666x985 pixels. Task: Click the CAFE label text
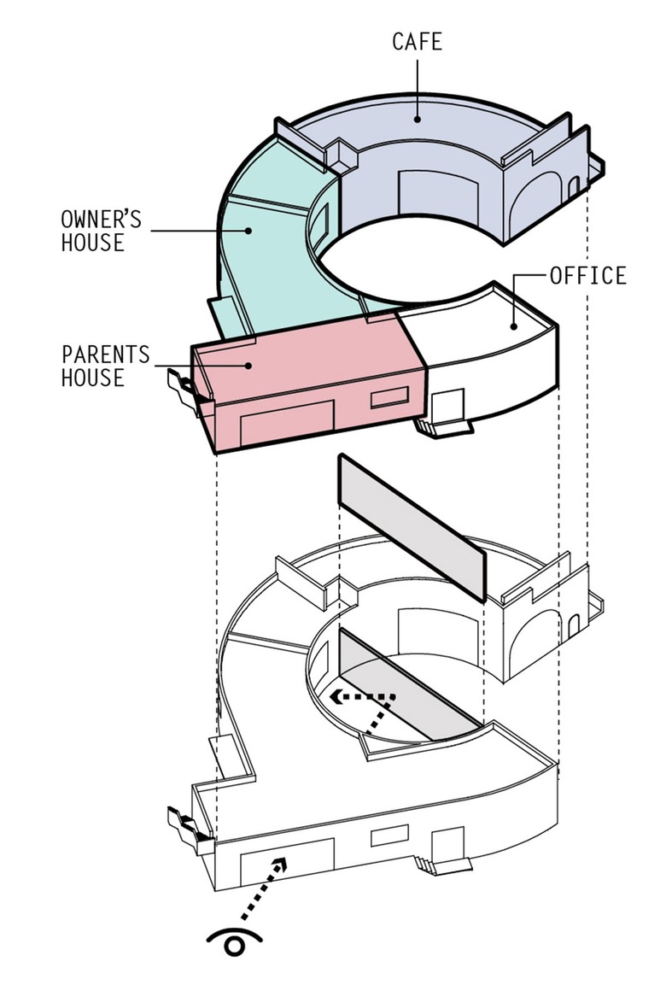coord(418,41)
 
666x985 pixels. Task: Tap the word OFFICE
coord(587,276)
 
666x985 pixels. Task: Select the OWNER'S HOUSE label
coord(93,231)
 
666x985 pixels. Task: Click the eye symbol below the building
coord(234,943)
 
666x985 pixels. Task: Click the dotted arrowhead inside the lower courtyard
coord(339,695)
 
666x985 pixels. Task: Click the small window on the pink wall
coord(388,396)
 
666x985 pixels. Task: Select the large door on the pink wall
coord(286,424)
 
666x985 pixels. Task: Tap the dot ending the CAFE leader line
coord(418,119)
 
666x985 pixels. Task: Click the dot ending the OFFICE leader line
coord(514,325)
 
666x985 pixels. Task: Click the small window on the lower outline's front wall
coord(389,835)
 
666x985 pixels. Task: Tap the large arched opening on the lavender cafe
coord(534,202)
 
